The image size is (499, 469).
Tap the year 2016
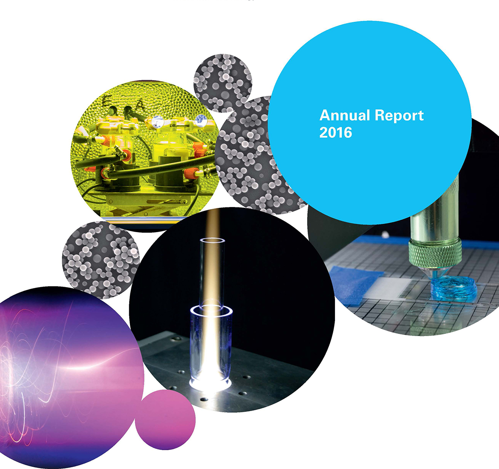point(336,132)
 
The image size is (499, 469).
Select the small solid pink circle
point(165,420)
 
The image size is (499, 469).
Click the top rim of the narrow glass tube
point(212,240)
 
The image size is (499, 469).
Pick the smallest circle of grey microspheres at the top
point(223,83)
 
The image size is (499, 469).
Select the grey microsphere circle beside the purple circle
point(101,260)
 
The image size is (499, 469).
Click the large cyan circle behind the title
point(369,123)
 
